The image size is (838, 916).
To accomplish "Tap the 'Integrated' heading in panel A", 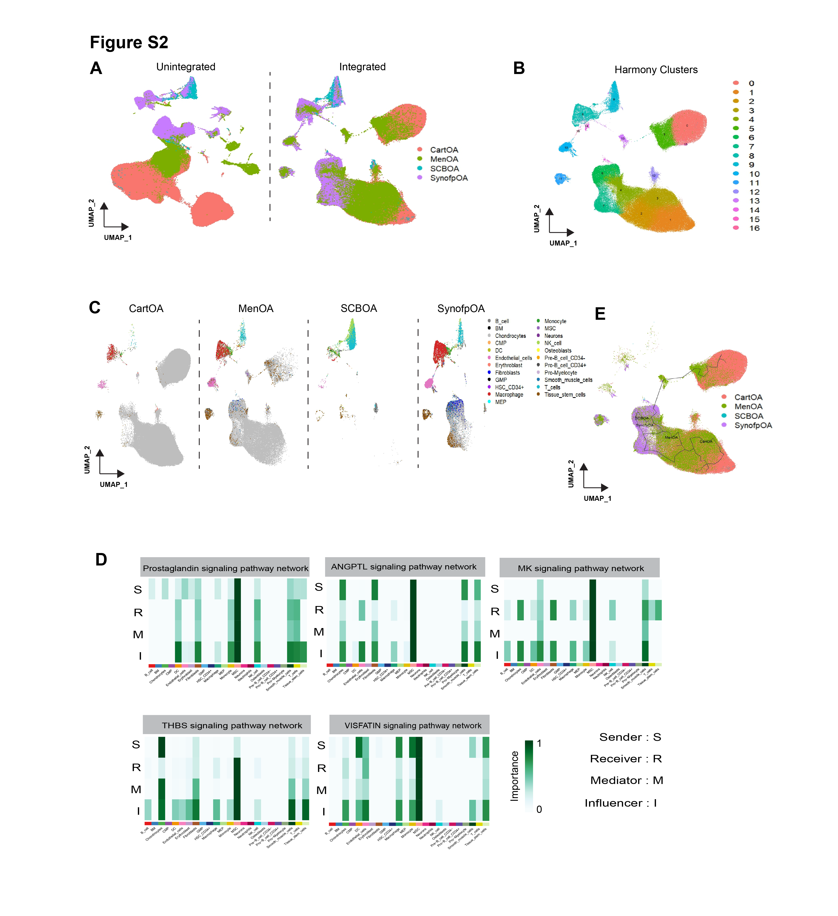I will [x=362, y=67].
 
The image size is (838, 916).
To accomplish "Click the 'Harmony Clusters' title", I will [x=656, y=69].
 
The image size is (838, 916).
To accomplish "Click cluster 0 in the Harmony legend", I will [x=751, y=83].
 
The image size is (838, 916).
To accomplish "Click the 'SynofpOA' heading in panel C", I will [x=461, y=309].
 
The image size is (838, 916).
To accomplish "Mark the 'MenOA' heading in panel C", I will [x=256, y=309].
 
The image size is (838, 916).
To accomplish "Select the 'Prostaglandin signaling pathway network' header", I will [x=225, y=568].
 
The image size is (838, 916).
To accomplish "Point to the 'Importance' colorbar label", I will [x=514, y=776].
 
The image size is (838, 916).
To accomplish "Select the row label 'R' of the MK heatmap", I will [x=495, y=612].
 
